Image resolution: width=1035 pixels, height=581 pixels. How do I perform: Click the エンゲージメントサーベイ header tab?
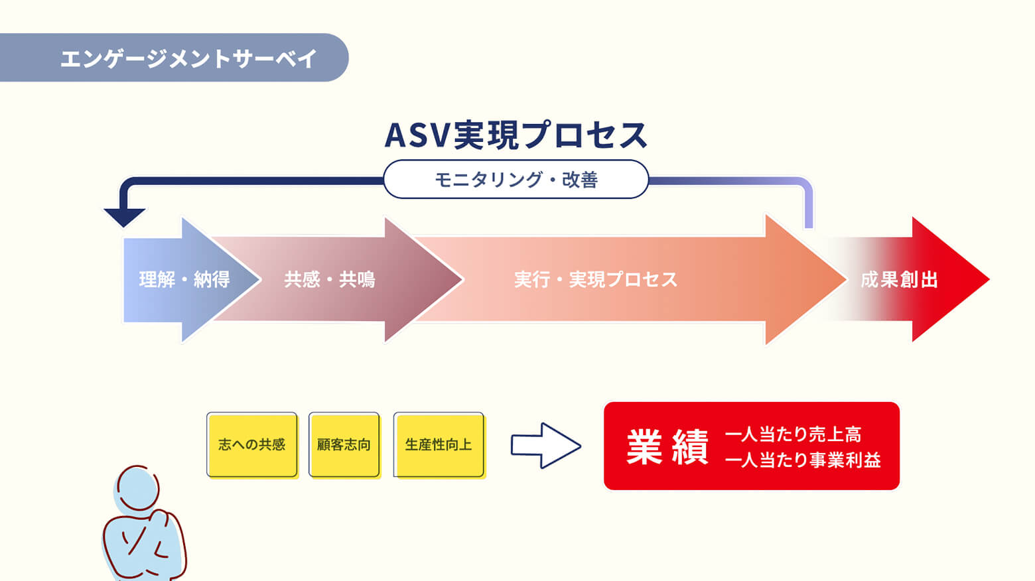(x=188, y=58)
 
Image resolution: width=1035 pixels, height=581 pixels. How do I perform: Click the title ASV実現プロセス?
(x=516, y=135)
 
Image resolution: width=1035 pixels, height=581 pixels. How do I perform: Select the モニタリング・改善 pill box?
(x=516, y=179)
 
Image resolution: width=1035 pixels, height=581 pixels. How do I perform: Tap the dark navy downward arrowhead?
(x=124, y=217)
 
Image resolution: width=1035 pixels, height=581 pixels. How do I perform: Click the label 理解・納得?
(x=184, y=280)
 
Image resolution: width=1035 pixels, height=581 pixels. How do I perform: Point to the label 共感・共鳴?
(x=330, y=280)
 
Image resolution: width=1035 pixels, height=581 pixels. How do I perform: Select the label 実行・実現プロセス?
(x=596, y=280)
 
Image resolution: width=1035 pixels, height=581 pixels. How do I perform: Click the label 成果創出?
(x=899, y=280)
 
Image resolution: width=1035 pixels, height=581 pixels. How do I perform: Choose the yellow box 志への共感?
(x=252, y=444)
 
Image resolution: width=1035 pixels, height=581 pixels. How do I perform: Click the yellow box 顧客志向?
(x=344, y=444)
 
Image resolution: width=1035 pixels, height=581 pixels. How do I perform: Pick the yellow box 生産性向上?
(x=439, y=444)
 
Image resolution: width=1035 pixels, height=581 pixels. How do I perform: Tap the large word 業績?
(x=667, y=447)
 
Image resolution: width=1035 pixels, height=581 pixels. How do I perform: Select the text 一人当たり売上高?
(x=793, y=434)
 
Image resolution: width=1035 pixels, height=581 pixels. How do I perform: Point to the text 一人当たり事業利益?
(x=803, y=460)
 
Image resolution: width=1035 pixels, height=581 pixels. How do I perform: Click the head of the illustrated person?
(x=138, y=488)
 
